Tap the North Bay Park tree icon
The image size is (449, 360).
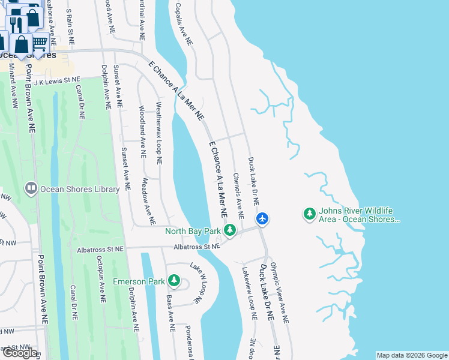pyautogui.click(x=229, y=230)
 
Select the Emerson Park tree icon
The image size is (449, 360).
pyautogui.click(x=174, y=281)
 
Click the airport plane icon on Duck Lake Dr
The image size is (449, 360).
pyautogui.click(x=262, y=218)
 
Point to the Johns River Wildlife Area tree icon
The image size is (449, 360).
pyautogui.click(x=310, y=214)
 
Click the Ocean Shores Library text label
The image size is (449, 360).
pyautogui.click(x=80, y=189)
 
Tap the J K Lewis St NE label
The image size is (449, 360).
pyautogui.click(x=57, y=79)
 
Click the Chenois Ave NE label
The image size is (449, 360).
pyautogui.click(x=238, y=196)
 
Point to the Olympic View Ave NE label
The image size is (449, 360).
pyautogui.click(x=280, y=293)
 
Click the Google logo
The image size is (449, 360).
pyautogui.click(x=20, y=353)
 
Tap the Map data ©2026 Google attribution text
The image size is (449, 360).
pyautogui.click(x=411, y=355)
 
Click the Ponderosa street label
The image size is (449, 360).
pyautogui.click(x=189, y=341)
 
